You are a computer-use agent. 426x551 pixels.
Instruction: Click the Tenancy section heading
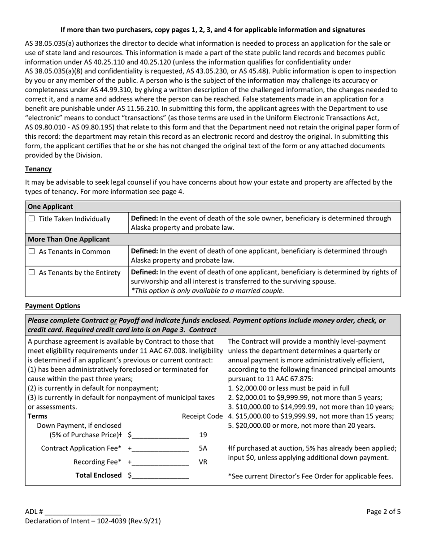pyautogui.click(x=38, y=169)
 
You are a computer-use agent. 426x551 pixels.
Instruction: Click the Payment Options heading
pyautogui.click(x=52, y=306)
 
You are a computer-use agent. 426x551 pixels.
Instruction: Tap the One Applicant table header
pyautogui.click(x=50, y=207)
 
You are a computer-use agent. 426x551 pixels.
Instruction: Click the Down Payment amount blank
pyautogui.click(x=161, y=435)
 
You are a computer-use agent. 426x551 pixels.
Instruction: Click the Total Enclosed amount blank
pyautogui.click(x=161, y=475)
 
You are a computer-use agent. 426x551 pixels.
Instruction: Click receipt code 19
pyautogui.click(x=203, y=435)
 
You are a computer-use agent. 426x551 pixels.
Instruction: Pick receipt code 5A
pyautogui.click(x=203, y=448)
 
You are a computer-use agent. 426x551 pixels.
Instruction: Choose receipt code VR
pyautogui.click(x=203, y=461)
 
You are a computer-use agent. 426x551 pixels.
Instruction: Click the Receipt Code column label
pyautogui.click(x=202, y=416)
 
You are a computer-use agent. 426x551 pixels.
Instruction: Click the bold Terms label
pyautogui.click(x=37, y=416)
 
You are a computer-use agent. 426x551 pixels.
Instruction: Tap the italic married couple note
pyautogui.click(x=207, y=290)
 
